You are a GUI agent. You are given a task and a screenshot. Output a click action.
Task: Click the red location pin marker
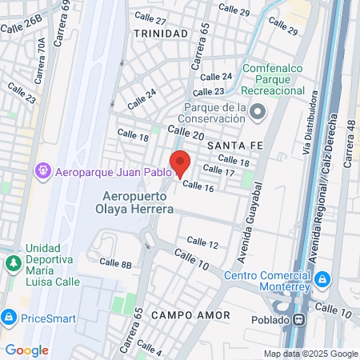point(180,162)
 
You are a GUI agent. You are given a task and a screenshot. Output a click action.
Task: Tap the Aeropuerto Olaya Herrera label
point(138,203)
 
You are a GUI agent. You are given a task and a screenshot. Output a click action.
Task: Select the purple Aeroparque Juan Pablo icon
point(43,171)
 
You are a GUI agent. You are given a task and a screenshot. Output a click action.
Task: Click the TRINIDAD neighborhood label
point(162,34)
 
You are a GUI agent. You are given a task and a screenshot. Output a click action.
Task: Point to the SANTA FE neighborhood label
point(232,146)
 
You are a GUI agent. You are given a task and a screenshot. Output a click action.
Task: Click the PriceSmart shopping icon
point(9,318)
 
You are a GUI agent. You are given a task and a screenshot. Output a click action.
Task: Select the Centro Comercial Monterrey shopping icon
point(322,279)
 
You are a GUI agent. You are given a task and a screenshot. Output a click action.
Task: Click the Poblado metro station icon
point(299,319)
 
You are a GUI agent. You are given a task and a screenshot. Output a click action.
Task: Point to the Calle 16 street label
point(198,186)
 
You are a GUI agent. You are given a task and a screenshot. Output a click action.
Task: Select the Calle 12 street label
point(202,242)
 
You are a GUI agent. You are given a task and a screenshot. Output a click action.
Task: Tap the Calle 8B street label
point(115,262)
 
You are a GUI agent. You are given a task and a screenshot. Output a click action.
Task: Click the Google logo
point(26,350)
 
